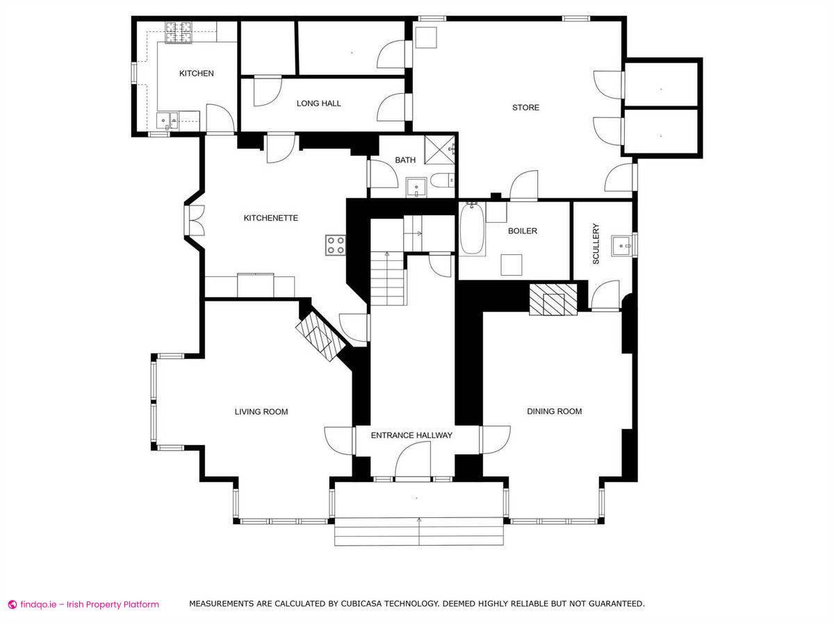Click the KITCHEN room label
[197, 73]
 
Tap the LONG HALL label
[318, 103]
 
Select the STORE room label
[525, 108]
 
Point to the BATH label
[405, 160]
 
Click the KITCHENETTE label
[270, 218]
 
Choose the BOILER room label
[523, 231]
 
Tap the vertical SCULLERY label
[596, 244]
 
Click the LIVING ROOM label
[261, 412]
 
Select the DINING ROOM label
[555, 411]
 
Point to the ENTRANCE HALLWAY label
[411, 435]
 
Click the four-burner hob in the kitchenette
[336, 245]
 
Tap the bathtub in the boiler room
[473, 229]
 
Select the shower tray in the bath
[440, 150]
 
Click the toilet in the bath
[443, 181]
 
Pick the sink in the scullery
[621, 246]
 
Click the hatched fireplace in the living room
[320, 337]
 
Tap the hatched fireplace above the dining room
[553, 300]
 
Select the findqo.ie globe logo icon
[13, 604]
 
